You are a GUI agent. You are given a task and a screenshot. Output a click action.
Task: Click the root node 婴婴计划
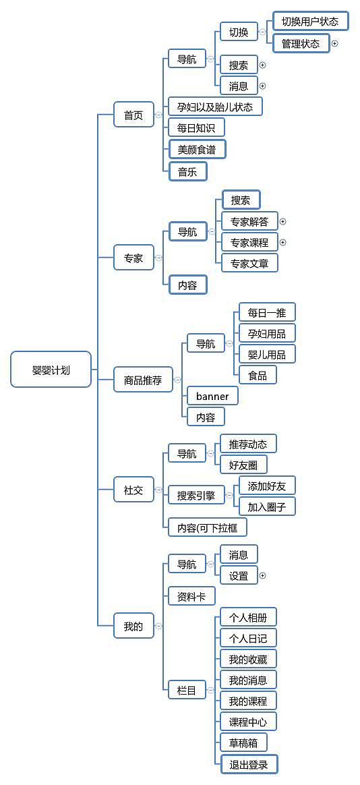click(51, 370)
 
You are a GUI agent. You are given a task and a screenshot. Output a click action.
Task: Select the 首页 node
click(133, 115)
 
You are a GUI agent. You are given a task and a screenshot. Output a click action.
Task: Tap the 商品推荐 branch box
click(143, 380)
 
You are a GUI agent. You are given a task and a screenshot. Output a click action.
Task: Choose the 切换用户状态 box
click(310, 22)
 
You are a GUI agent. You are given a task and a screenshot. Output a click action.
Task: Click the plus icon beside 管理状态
click(334, 44)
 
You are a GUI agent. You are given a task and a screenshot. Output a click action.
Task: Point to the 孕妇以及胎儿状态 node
click(214, 107)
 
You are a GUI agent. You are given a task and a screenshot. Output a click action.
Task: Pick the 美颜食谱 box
click(197, 149)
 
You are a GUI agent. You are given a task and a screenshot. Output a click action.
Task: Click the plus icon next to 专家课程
click(283, 242)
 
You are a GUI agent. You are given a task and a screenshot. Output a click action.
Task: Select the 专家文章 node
click(249, 263)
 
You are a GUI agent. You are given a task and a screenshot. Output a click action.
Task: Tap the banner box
click(212, 396)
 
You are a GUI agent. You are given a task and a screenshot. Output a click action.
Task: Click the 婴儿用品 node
click(266, 354)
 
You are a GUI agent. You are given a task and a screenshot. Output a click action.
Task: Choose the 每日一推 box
click(266, 312)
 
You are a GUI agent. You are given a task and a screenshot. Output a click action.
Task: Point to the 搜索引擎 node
click(196, 496)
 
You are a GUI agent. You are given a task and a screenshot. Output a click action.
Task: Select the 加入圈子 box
click(266, 506)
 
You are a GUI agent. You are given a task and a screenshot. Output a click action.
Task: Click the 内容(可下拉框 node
click(207, 528)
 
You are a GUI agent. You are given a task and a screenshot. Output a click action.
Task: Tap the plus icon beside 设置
click(262, 576)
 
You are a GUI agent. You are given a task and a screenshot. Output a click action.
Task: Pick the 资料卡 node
click(191, 596)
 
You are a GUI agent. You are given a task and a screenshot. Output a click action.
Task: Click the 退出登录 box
click(249, 764)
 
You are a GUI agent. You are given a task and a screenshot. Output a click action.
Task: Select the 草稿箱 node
click(243, 743)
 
